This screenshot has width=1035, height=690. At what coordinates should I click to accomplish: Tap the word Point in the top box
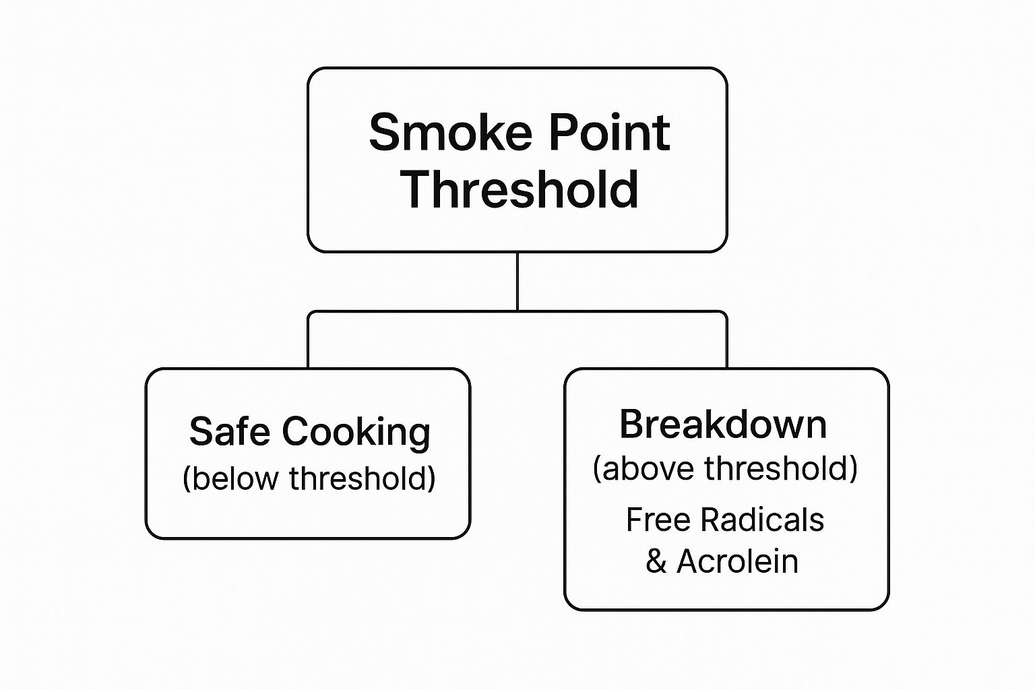pyautogui.click(x=608, y=132)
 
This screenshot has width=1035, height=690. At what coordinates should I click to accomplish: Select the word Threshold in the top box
pyautogui.click(x=520, y=189)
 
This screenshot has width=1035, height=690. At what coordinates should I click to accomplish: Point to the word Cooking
pyautogui.click(x=356, y=433)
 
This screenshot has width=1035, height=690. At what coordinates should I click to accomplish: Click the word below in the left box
pyautogui.click(x=233, y=478)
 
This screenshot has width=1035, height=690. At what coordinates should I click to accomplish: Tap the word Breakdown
pyautogui.click(x=723, y=425)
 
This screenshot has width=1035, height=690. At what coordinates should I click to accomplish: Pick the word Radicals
pyautogui.click(x=762, y=520)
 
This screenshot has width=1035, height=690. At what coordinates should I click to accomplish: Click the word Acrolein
pyautogui.click(x=737, y=561)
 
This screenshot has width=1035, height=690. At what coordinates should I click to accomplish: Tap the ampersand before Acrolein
pyautogui.click(x=656, y=562)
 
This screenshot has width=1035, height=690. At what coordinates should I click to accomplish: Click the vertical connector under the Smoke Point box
pyautogui.click(x=517, y=282)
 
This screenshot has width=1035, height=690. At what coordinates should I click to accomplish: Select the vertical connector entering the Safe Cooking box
pyautogui.click(x=308, y=341)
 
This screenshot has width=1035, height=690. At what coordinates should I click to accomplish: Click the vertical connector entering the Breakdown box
pyautogui.click(x=727, y=341)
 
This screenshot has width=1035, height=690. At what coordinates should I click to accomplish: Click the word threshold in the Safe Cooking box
pyautogui.click(x=361, y=478)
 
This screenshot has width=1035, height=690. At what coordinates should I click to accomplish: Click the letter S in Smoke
pyautogui.click(x=385, y=132)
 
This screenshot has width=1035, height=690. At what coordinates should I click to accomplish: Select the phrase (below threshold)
pyautogui.click(x=309, y=478)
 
